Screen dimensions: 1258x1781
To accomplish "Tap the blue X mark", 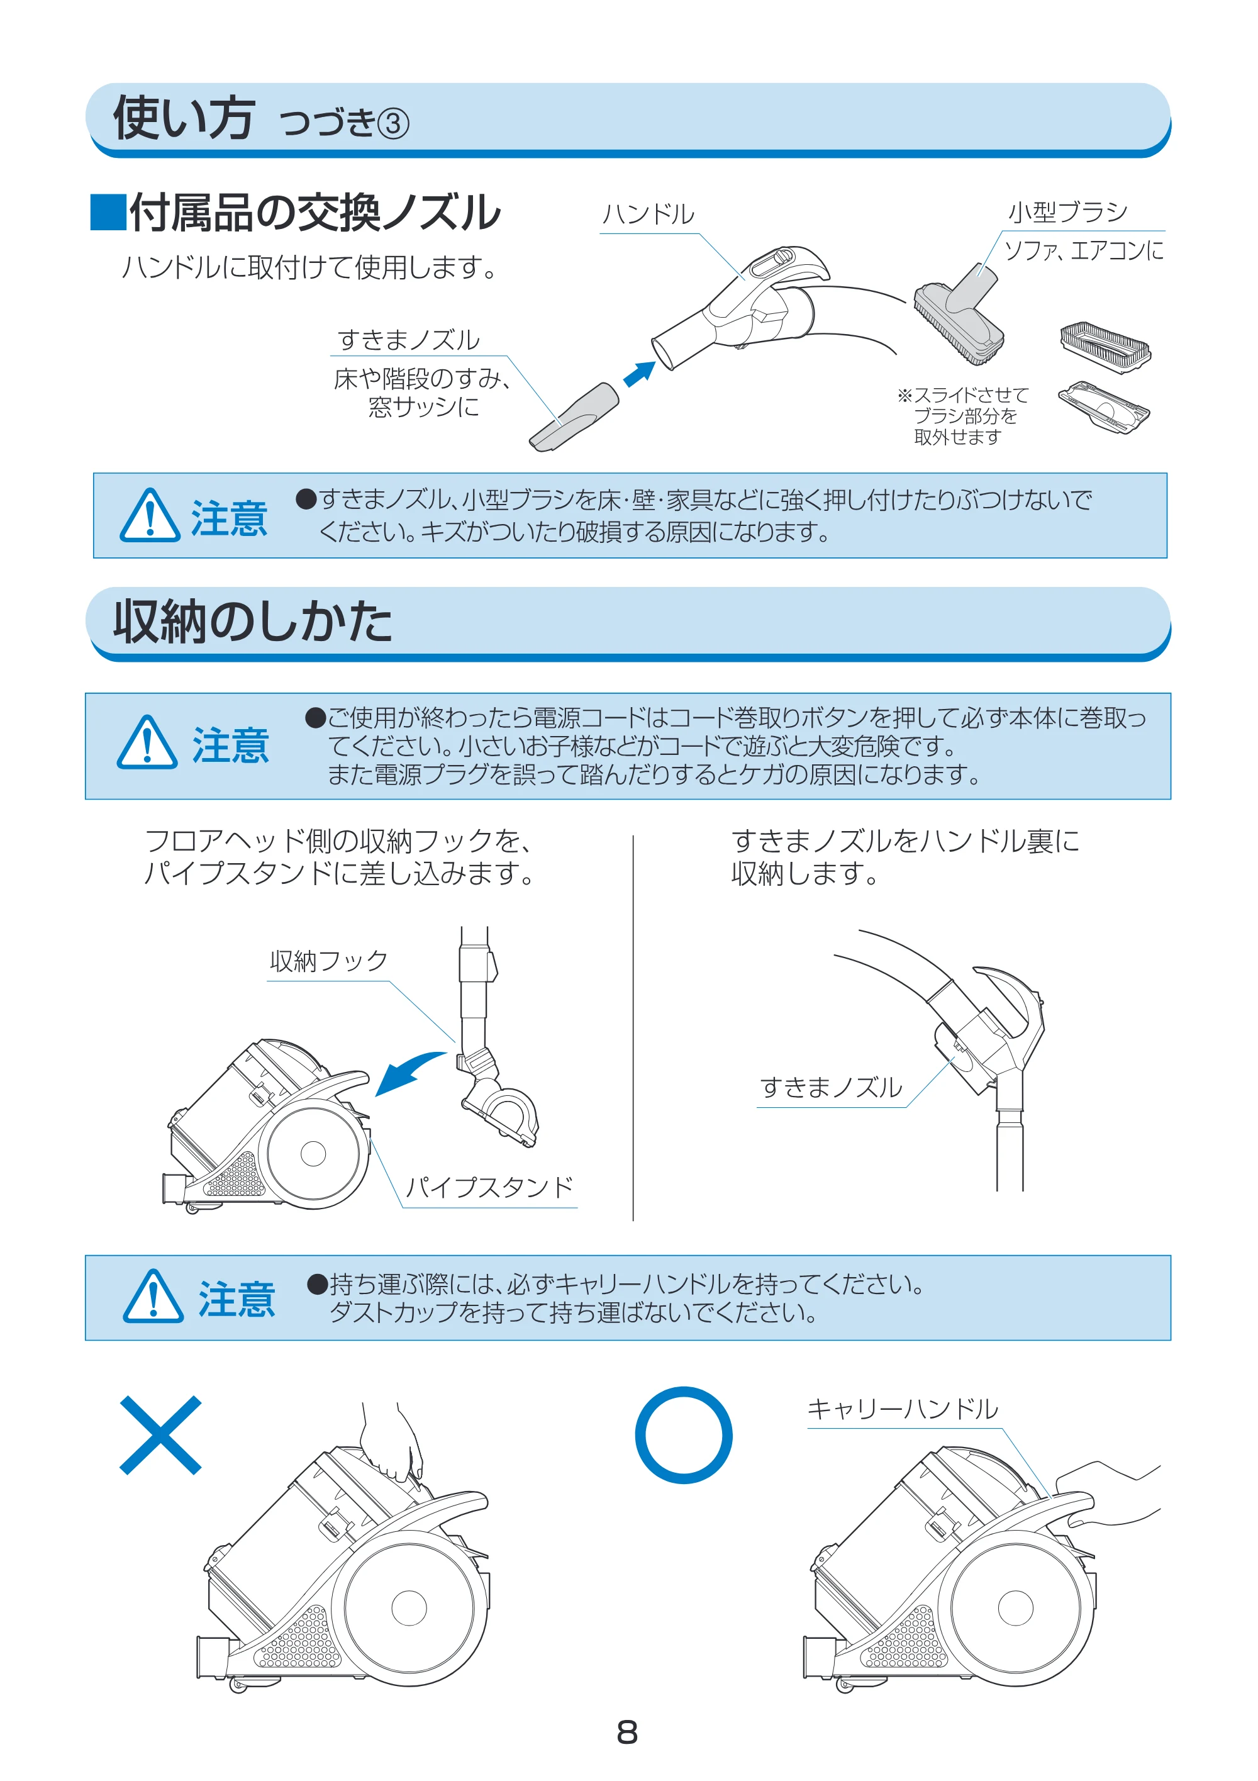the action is point(160,1435).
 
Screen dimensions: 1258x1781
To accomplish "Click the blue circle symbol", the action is point(683,1435).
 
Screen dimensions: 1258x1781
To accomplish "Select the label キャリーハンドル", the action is point(902,1409).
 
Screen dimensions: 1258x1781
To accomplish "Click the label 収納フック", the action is point(328,961).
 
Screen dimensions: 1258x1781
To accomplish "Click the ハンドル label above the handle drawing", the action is point(648,214).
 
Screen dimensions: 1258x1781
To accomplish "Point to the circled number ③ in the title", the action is point(393,124).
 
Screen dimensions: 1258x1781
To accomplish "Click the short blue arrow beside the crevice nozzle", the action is point(639,374).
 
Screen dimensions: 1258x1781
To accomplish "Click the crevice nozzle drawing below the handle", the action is point(574,416).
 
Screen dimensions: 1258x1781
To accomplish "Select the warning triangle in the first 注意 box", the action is point(150,515).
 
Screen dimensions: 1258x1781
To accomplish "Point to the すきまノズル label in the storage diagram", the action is point(831,1088).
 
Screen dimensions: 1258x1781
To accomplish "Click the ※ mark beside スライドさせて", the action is point(905,396).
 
